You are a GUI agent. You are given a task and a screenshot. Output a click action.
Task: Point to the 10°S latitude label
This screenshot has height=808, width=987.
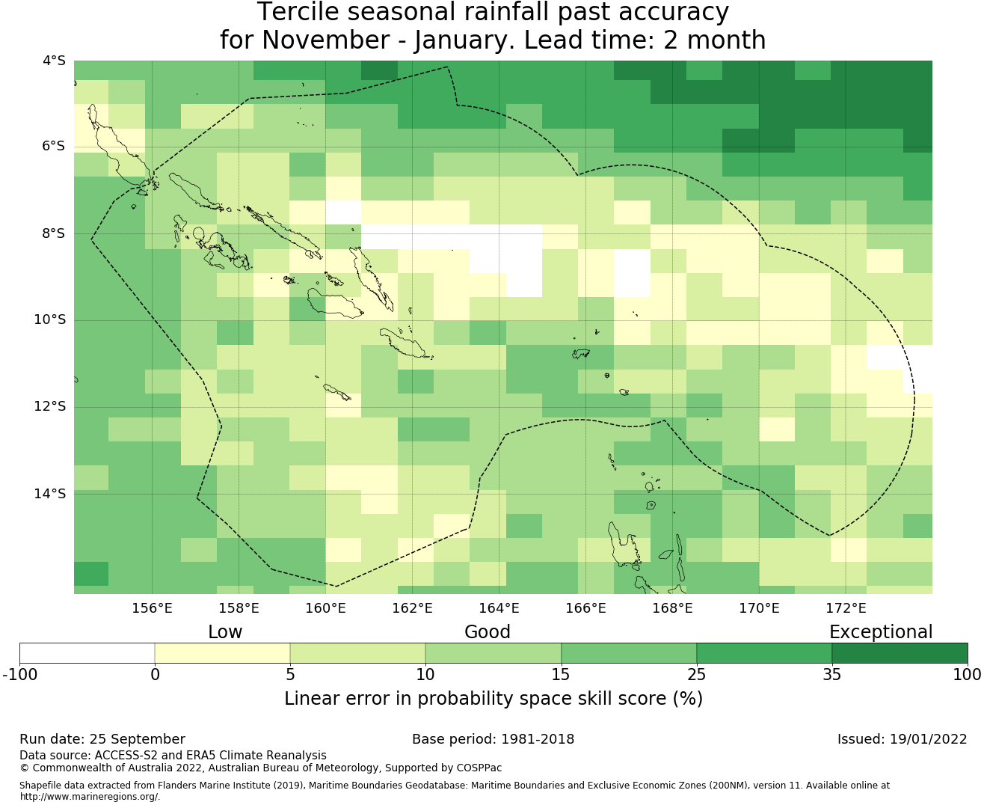pyautogui.click(x=50, y=320)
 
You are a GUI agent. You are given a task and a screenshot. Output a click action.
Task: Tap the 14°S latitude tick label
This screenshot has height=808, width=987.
pyautogui.click(x=50, y=494)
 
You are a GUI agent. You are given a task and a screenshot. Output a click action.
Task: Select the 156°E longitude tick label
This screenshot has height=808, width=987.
pyautogui.click(x=152, y=608)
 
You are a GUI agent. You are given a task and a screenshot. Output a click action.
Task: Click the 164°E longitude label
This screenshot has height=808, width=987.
pyautogui.click(x=499, y=608)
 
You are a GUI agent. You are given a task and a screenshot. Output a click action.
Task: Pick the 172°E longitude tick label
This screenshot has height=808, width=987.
pyautogui.click(x=846, y=608)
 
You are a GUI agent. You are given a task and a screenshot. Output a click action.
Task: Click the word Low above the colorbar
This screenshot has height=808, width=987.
pyautogui.click(x=225, y=632)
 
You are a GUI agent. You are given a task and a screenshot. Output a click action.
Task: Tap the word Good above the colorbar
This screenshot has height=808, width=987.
pyautogui.click(x=488, y=632)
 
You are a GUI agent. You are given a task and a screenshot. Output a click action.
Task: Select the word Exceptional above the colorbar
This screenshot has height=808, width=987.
pyautogui.click(x=881, y=632)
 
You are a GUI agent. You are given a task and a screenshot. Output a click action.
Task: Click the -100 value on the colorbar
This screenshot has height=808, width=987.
pyautogui.click(x=20, y=675)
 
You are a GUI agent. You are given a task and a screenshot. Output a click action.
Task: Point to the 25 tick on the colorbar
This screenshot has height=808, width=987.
pyautogui.click(x=696, y=675)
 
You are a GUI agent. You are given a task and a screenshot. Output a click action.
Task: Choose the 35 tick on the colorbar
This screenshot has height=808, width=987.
pyautogui.click(x=831, y=675)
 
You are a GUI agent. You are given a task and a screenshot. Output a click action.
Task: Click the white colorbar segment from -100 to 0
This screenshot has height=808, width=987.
pyautogui.click(x=87, y=653)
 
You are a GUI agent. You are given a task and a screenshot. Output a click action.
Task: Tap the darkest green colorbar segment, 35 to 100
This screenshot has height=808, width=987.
pyautogui.click(x=900, y=653)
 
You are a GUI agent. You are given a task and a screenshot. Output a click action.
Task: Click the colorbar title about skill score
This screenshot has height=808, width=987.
pyautogui.click(x=493, y=699)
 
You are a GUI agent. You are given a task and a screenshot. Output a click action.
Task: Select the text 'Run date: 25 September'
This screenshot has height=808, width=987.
pyautogui.click(x=102, y=739)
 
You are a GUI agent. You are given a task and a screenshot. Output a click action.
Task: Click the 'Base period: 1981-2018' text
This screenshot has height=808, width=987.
pyautogui.click(x=493, y=739)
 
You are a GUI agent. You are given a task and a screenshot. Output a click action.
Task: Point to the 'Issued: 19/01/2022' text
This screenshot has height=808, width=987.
pyautogui.click(x=902, y=739)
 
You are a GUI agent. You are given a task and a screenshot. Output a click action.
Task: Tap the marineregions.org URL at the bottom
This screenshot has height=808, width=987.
pyautogui.click(x=90, y=797)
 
